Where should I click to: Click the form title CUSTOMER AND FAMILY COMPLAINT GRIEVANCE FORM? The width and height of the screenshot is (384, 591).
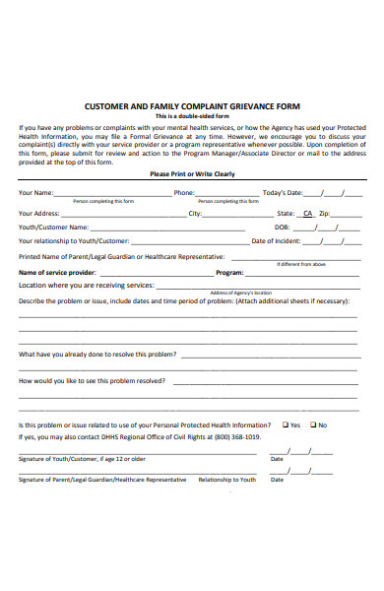click(192, 105)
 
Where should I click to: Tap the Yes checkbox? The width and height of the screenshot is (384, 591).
click(284, 425)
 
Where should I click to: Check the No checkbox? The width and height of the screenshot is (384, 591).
click(312, 425)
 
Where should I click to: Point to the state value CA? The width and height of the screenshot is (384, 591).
click(307, 213)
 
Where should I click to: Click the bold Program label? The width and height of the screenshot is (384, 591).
click(228, 272)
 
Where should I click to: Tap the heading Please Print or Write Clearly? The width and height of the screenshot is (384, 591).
click(192, 174)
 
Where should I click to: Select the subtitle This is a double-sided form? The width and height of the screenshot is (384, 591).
click(192, 115)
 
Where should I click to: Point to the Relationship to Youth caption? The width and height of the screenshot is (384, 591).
click(226, 480)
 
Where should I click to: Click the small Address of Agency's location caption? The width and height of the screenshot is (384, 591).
click(233, 293)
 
